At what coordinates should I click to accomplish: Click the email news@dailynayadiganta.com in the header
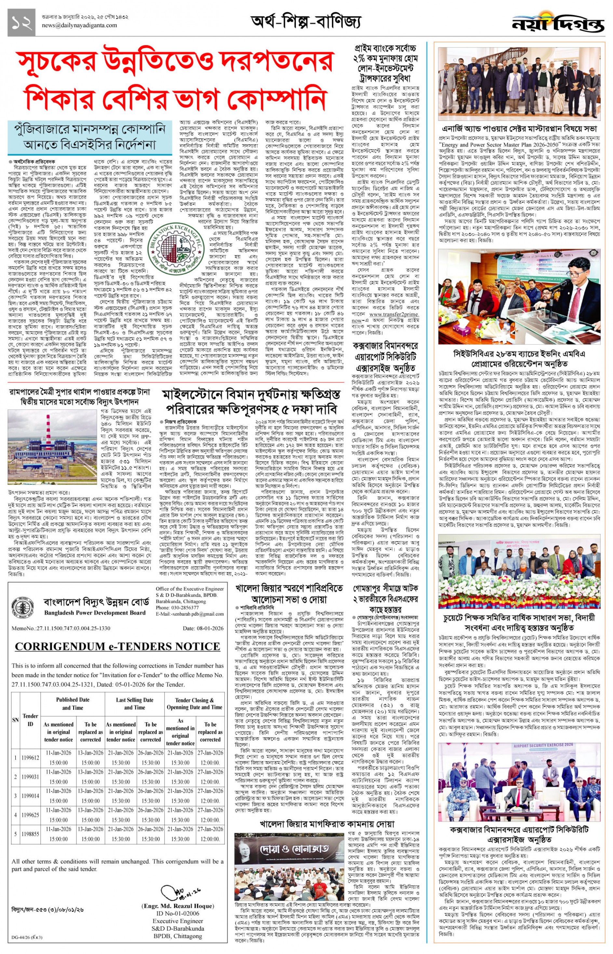(x=79, y=25)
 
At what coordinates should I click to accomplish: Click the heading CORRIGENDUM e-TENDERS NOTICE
(x=117, y=647)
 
